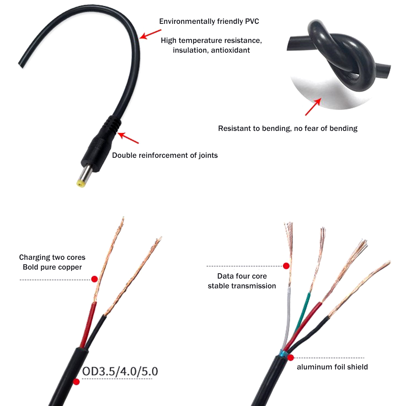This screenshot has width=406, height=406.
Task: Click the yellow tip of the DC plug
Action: (x=81, y=183)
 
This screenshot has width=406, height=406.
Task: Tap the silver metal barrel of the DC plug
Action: (x=85, y=173)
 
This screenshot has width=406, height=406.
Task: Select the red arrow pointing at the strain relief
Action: (x=128, y=138)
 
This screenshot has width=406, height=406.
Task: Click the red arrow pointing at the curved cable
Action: (x=150, y=34)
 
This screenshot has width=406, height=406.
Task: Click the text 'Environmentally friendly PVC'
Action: (x=209, y=21)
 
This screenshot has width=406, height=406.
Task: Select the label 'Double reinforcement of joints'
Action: (x=165, y=155)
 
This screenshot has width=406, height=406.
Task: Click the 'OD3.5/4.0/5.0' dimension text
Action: (x=120, y=371)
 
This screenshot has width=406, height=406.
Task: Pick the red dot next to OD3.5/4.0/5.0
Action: (x=76, y=382)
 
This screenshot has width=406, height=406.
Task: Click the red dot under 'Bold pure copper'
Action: (x=94, y=279)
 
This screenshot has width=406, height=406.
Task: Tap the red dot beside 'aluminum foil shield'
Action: (x=291, y=358)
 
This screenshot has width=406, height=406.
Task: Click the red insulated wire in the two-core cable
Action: (x=88, y=325)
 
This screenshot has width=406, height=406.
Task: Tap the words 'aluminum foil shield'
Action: (x=332, y=367)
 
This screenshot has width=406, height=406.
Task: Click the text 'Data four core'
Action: (x=242, y=276)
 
